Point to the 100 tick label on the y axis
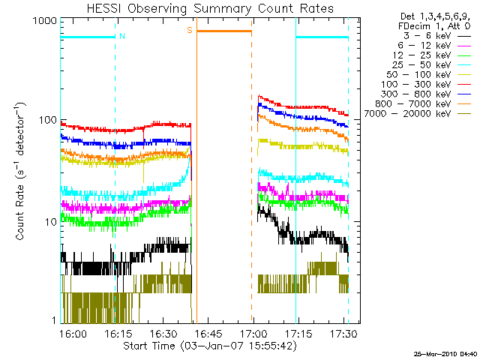[46, 121]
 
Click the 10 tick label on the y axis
[49, 223]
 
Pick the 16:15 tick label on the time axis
[118, 333]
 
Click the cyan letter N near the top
[122, 36]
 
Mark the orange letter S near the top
[190, 31]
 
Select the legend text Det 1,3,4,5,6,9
[432, 16]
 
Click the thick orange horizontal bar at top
[224, 31]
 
